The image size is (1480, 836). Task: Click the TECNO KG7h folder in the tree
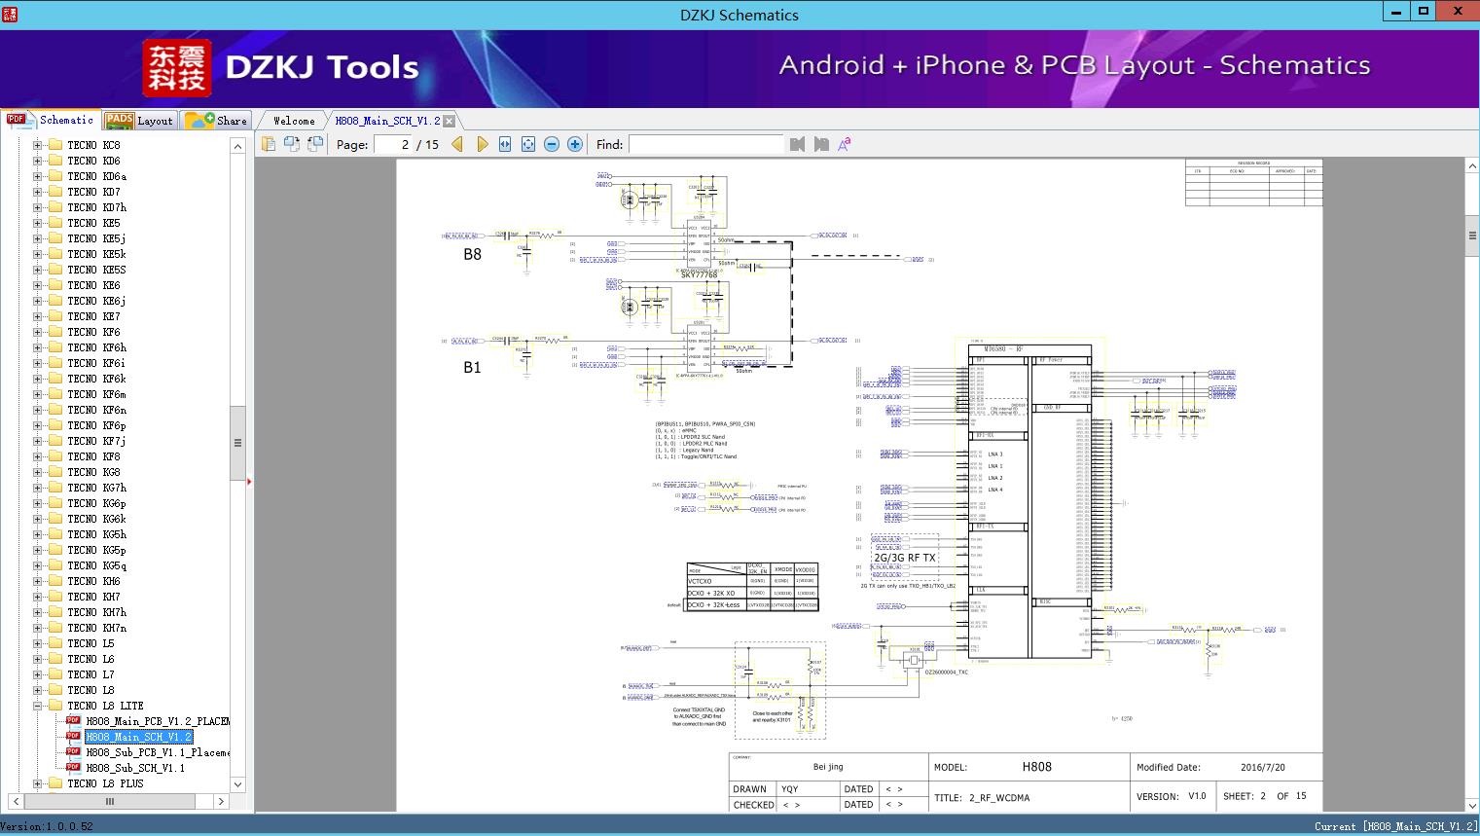point(96,488)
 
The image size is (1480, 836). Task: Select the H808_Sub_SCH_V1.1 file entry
point(134,768)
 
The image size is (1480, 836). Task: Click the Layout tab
point(139,121)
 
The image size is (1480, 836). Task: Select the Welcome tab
point(294,121)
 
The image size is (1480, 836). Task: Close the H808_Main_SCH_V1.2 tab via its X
point(450,121)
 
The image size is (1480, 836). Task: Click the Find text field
point(705,144)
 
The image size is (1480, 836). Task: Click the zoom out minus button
point(552,144)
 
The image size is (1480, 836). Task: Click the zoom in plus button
point(575,144)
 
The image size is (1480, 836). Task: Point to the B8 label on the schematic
point(472,255)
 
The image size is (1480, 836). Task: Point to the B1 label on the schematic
point(472,368)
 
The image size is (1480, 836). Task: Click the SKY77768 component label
point(699,275)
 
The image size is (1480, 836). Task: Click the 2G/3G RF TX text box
point(904,558)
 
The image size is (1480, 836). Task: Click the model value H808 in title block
point(1036,767)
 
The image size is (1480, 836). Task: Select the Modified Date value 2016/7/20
point(1262,767)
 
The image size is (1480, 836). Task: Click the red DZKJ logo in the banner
point(177,68)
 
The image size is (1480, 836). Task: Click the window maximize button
point(1424,12)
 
